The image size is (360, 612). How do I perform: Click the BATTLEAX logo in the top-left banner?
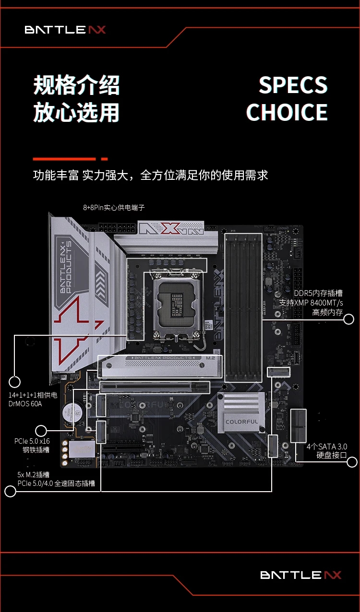click(65, 30)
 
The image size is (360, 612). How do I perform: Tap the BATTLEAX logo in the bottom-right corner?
click(300, 575)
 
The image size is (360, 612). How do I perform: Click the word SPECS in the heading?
click(293, 85)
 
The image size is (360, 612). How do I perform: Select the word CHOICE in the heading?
click(287, 112)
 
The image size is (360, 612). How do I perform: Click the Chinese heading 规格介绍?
click(76, 85)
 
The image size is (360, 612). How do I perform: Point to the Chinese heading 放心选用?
click(76, 112)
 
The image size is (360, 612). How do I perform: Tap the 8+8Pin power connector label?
click(114, 208)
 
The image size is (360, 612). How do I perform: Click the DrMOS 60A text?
click(25, 404)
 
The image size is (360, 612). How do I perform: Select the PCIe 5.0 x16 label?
click(32, 441)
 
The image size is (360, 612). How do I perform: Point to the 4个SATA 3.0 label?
click(327, 447)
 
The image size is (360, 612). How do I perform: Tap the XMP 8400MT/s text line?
click(311, 303)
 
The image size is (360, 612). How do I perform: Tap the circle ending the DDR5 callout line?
click(348, 319)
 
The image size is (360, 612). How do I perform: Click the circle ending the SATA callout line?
click(352, 462)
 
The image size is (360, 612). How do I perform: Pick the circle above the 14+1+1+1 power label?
click(14, 382)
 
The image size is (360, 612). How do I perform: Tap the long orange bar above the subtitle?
click(64, 159)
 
